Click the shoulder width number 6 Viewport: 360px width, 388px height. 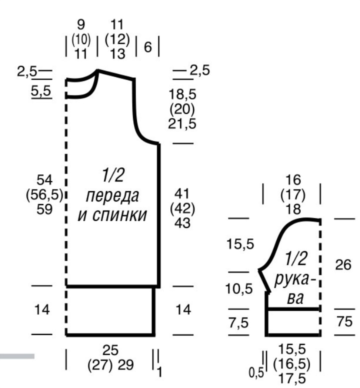[x=147, y=47]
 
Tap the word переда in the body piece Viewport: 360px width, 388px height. [x=112, y=196]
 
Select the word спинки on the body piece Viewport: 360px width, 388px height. [x=120, y=215]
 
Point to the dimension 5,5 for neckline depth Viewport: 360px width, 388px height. [x=41, y=91]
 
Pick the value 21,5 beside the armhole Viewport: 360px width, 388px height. [x=182, y=123]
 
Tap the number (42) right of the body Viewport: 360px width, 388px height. [x=182, y=208]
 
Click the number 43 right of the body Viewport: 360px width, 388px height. [x=182, y=223]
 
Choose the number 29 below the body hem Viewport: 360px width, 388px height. [x=125, y=364]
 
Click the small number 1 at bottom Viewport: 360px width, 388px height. [x=159, y=372]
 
